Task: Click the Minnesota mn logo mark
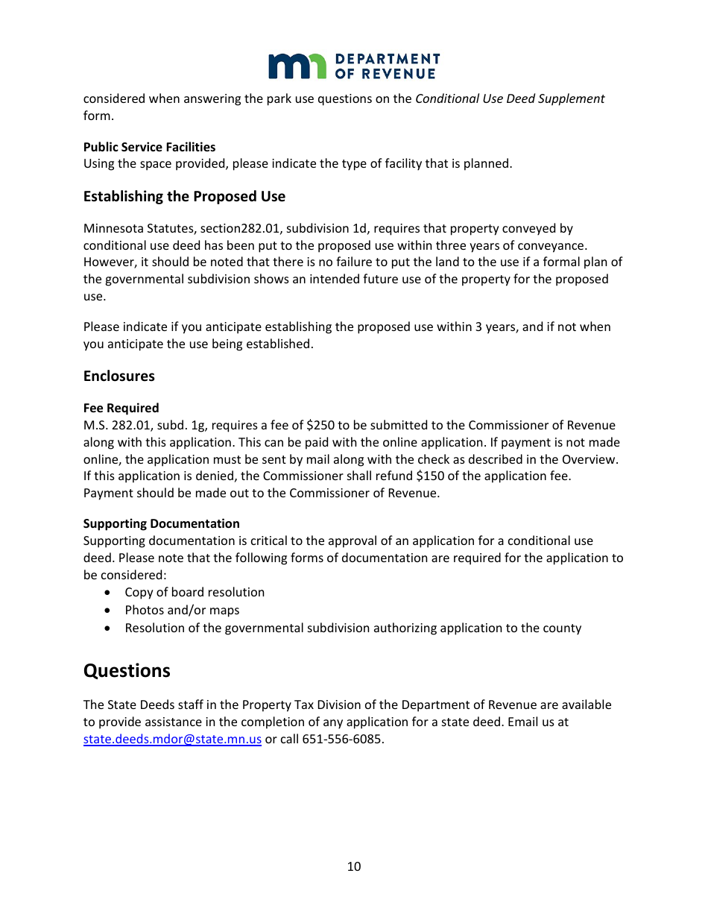(297, 66)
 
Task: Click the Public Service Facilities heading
(149, 147)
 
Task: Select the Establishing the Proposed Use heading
(184, 197)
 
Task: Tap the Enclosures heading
(119, 376)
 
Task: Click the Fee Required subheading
(121, 408)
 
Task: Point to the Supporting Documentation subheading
(161, 523)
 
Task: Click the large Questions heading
(127, 671)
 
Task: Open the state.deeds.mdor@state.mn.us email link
(172, 740)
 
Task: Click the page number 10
(354, 866)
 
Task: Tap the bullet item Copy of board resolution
(195, 593)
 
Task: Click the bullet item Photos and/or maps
(182, 611)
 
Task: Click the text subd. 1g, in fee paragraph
(158, 426)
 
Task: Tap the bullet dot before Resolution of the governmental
(110, 628)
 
